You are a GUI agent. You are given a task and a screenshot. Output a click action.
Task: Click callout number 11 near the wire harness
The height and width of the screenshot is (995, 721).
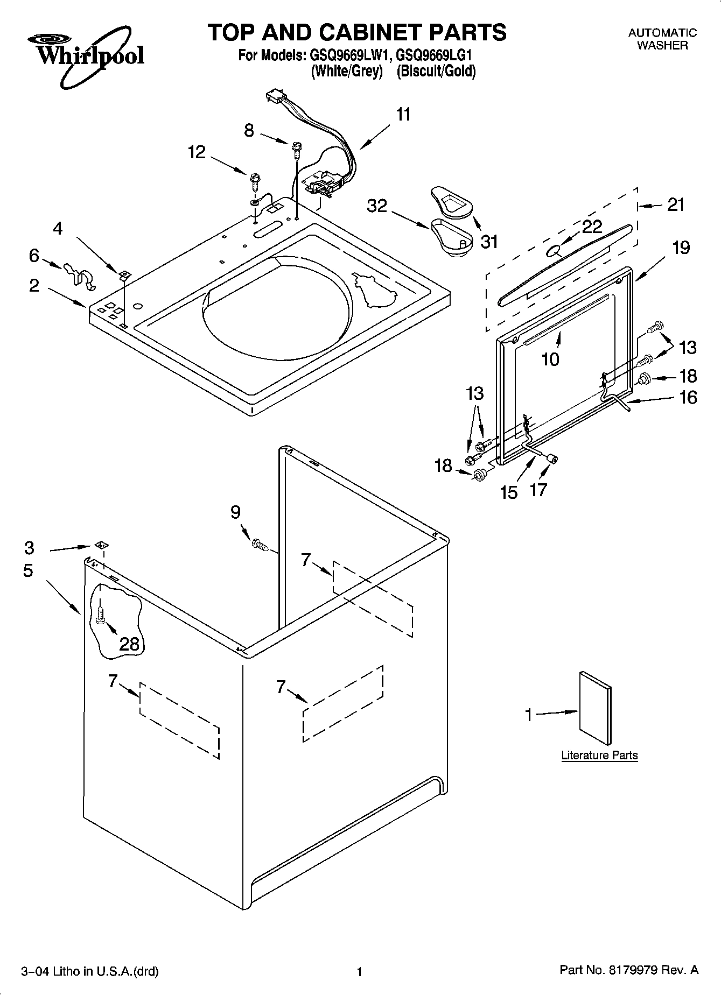(403, 115)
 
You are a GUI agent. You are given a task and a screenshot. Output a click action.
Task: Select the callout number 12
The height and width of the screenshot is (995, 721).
(197, 152)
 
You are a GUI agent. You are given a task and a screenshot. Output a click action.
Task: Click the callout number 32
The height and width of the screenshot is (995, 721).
(377, 206)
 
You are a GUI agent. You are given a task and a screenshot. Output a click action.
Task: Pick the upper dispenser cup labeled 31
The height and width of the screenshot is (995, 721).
(450, 202)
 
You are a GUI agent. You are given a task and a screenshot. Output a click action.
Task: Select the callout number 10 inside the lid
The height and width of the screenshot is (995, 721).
(550, 359)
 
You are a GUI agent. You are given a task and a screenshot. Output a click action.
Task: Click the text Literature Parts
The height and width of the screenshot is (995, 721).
(599, 755)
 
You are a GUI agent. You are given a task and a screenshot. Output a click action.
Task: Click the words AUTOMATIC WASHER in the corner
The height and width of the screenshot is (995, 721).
(662, 39)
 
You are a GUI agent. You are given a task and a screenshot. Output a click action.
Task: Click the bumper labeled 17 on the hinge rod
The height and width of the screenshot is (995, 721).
(551, 458)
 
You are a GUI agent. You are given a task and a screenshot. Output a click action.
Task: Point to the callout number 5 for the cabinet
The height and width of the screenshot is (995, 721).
(29, 570)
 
